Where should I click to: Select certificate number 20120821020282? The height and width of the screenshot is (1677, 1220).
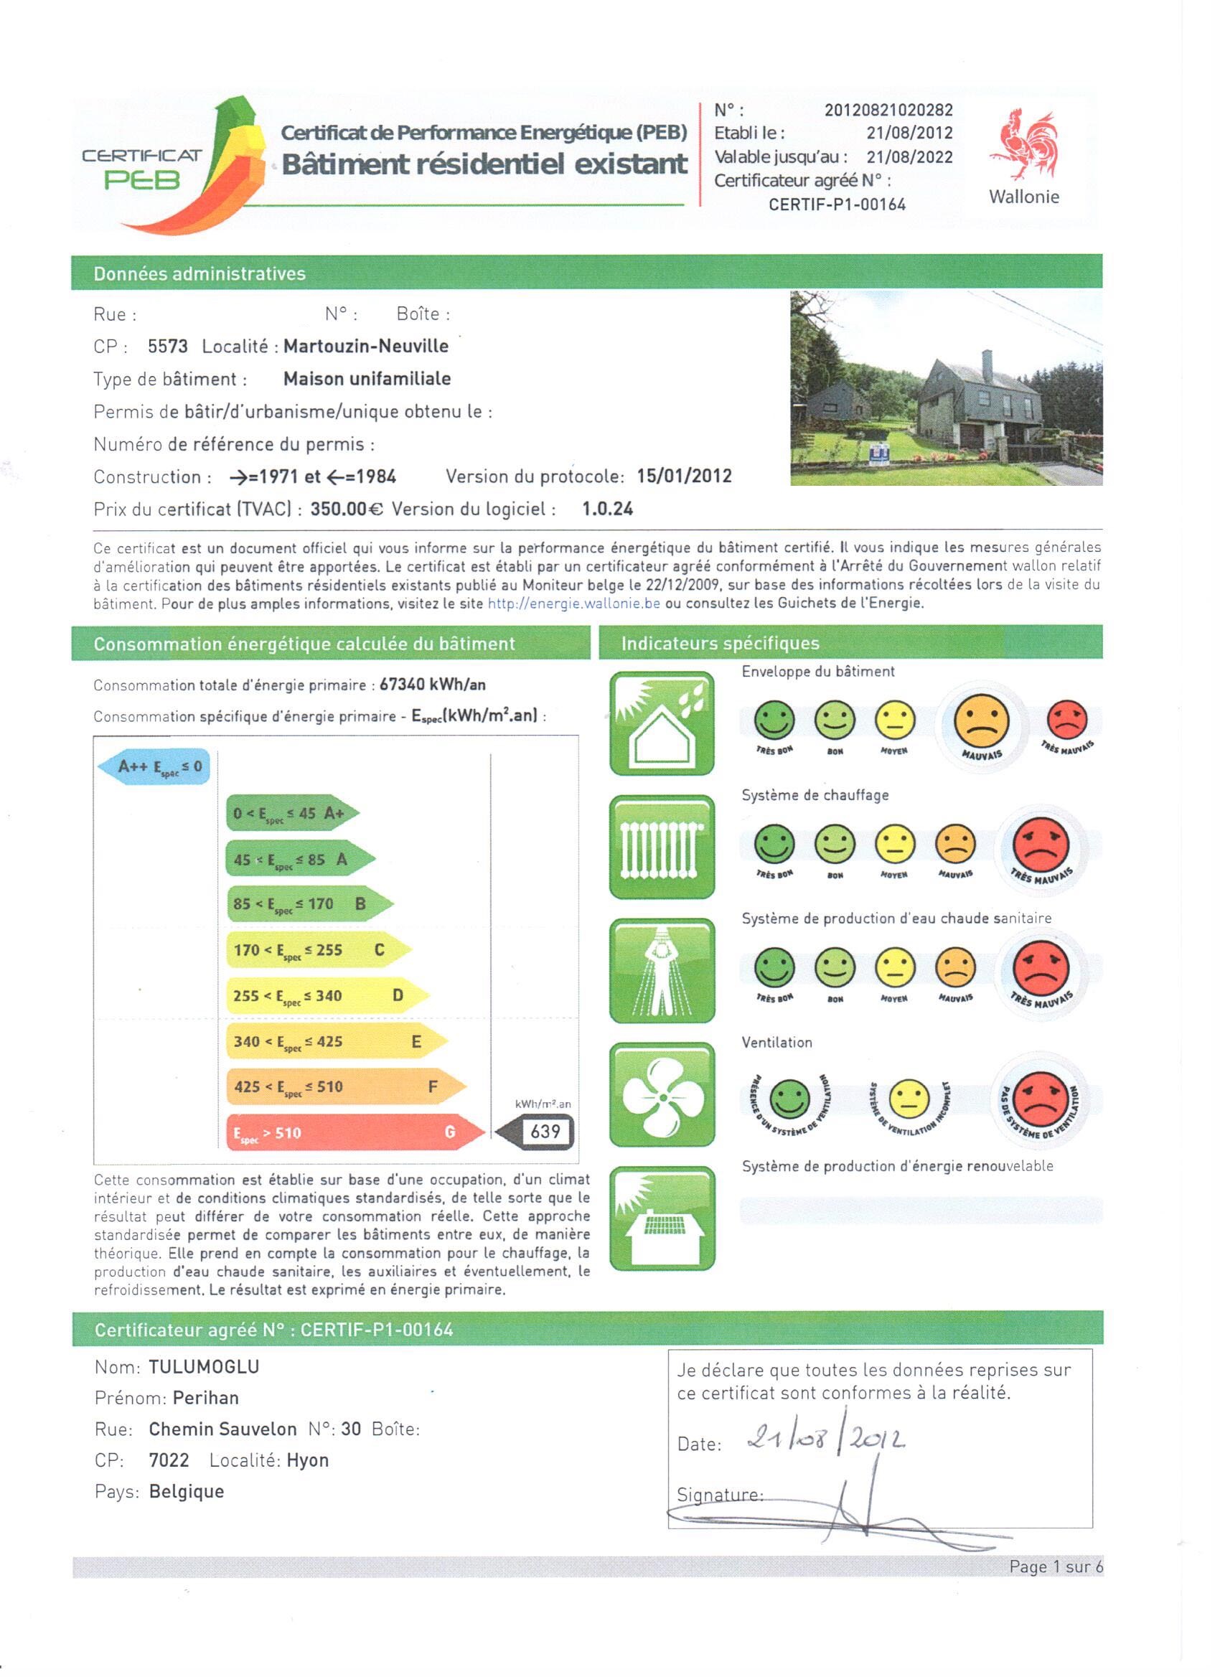pos(888,111)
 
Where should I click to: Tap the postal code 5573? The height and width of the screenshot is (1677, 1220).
pos(167,346)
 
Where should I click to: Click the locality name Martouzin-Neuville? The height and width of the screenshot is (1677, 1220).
pos(365,346)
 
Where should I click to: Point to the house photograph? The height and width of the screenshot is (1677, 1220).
pos(946,388)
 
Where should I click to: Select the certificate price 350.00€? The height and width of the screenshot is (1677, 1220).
pos(346,509)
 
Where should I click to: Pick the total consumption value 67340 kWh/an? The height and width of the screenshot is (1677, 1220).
pos(433,685)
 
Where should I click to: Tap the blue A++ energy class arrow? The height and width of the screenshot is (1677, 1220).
pos(154,767)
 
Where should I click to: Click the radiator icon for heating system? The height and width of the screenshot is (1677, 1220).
pos(662,847)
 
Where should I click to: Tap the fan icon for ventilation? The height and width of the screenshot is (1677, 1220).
pos(662,1095)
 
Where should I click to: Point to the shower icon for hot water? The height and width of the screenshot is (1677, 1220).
pos(662,971)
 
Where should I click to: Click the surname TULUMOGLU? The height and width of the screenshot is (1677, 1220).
pos(204,1366)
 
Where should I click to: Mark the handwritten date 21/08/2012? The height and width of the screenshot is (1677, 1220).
pos(826,1438)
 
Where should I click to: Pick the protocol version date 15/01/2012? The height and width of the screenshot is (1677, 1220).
pos(684,476)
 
